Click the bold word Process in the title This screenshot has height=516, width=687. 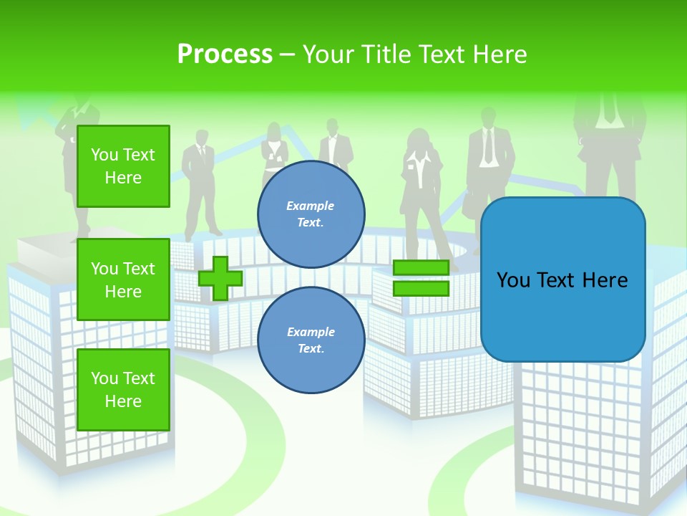(225, 54)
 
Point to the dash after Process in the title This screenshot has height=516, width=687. (287, 55)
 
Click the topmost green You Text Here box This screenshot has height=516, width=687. (123, 166)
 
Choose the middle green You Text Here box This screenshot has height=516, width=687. (123, 279)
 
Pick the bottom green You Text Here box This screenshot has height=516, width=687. (123, 390)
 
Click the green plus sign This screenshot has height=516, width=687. (220, 278)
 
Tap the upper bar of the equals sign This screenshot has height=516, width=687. (421, 267)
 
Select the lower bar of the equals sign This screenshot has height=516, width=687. (421, 289)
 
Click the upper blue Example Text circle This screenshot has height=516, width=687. (311, 214)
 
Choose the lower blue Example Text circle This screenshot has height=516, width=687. (311, 340)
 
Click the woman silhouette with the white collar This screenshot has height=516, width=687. (419, 186)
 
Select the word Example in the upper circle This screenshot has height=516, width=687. (311, 206)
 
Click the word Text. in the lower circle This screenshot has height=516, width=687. (311, 348)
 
